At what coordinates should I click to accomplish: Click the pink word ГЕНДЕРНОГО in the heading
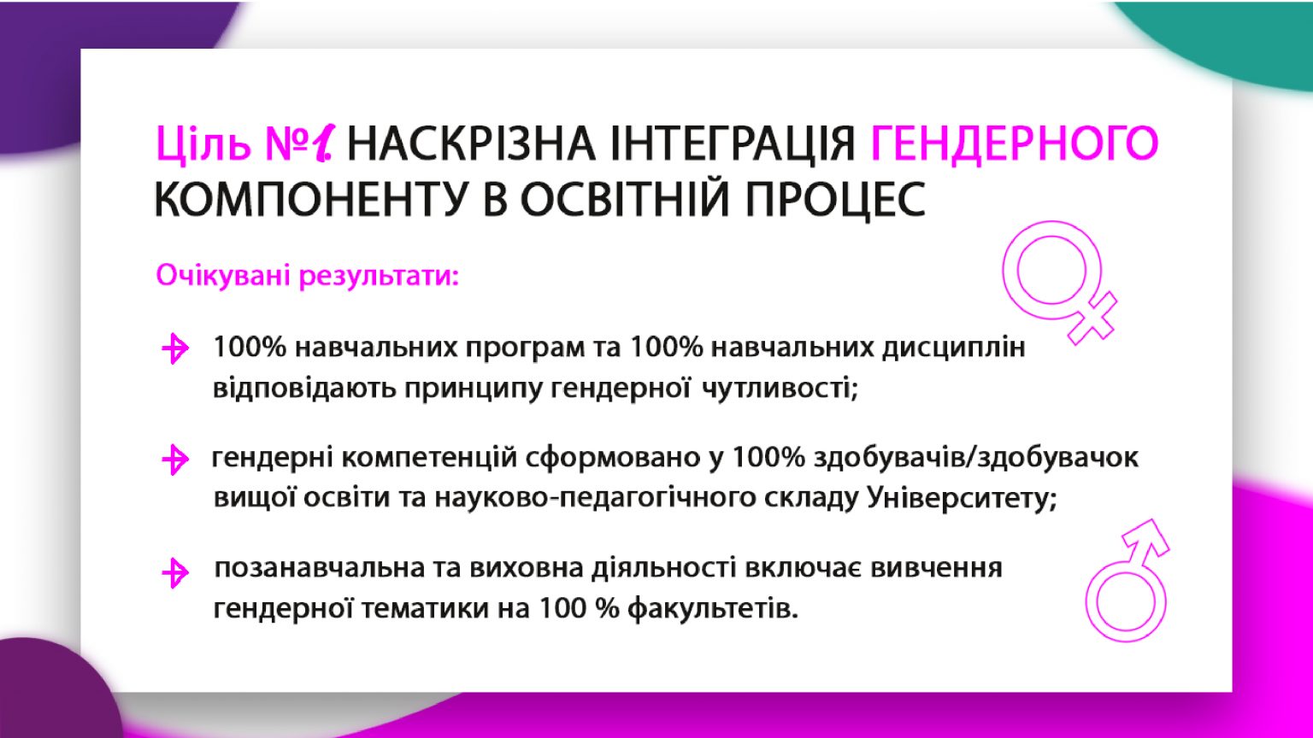tap(1015, 143)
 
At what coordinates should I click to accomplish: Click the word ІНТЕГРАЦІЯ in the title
tap(733, 143)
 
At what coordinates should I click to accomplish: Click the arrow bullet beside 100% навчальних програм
tap(174, 349)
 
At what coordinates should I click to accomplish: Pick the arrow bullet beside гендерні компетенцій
tap(174, 460)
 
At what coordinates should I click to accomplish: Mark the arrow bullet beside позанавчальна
tap(174, 572)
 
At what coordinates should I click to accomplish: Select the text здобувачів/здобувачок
tap(976, 458)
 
